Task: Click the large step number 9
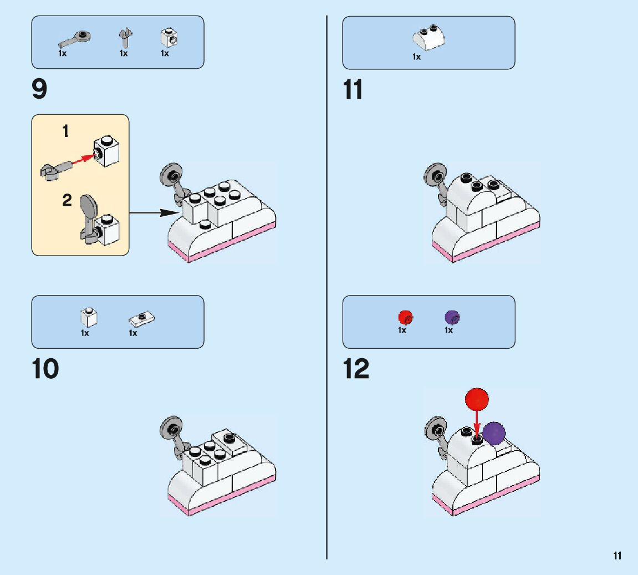coord(40,90)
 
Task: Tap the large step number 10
coord(45,369)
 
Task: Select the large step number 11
coord(353,90)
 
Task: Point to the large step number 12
coord(356,369)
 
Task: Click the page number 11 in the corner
coord(617,556)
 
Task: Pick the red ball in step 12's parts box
coord(405,317)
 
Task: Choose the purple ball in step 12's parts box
coord(452,317)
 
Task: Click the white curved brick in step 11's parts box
coord(428,38)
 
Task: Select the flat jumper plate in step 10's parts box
coord(142,319)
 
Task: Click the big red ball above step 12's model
coord(477,399)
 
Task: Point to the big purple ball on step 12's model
coord(493,433)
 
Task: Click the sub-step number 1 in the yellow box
coord(65,132)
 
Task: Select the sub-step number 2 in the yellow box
coord(67,201)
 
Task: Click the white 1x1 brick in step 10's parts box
coord(89,318)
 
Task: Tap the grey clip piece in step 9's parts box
coord(125,38)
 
